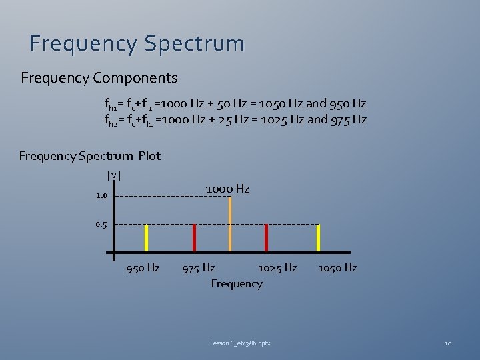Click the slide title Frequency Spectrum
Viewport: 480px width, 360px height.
point(137,44)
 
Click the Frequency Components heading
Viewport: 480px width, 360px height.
point(99,79)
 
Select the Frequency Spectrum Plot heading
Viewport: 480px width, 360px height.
point(90,156)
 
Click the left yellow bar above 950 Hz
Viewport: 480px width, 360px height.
point(147,238)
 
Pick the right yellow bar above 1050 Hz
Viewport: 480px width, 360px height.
point(318,238)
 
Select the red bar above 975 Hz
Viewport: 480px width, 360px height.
point(195,238)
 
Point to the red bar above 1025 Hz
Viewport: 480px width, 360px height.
point(266,238)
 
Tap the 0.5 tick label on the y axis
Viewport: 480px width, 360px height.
point(101,225)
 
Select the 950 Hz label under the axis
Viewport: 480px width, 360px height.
point(143,268)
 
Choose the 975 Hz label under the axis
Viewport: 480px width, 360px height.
point(199,268)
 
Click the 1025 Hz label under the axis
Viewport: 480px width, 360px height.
point(277,268)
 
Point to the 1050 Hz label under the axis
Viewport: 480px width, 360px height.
point(337,268)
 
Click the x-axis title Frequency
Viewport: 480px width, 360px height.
point(237,284)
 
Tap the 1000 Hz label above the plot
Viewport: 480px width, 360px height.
point(227,189)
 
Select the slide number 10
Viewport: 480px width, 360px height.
point(448,343)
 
